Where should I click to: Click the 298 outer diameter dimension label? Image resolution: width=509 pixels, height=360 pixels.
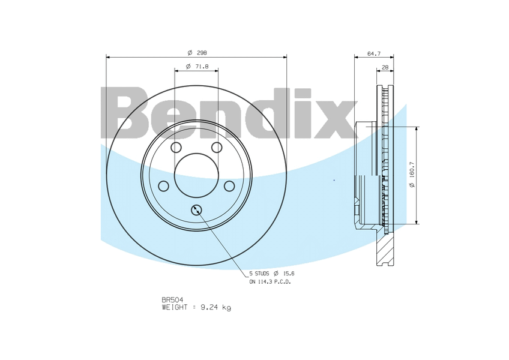pyautogui.click(x=202, y=53)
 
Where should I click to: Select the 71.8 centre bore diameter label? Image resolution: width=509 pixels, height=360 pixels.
pyautogui.click(x=202, y=67)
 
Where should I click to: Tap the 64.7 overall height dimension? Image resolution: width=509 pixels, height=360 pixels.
pyautogui.click(x=373, y=54)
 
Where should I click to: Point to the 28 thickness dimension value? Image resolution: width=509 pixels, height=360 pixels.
pyautogui.click(x=385, y=68)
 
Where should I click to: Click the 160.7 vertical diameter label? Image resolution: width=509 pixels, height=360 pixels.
pyautogui.click(x=412, y=169)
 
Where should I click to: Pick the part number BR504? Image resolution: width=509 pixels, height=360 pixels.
pyautogui.click(x=172, y=300)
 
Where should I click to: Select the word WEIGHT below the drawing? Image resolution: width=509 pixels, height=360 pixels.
pyautogui.click(x=175, y=307)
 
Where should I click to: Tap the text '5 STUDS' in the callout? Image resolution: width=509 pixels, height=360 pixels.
pyautogui.click(x=259, y=274)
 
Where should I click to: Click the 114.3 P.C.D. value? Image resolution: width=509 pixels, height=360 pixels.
pyautogui.click(x=265, y=282)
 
